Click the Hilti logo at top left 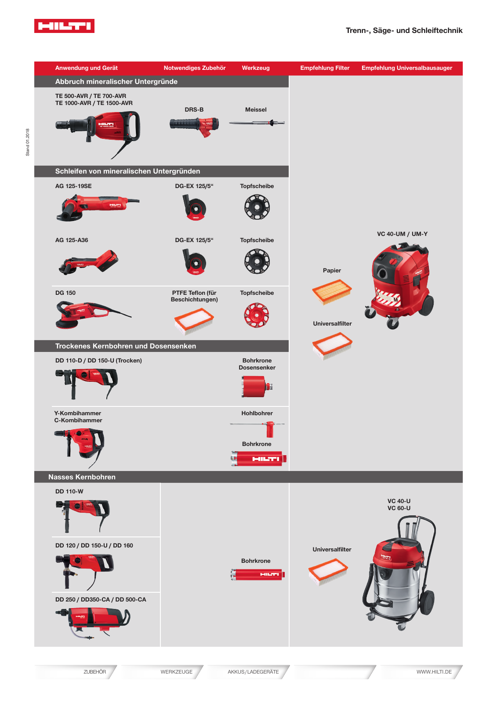point(64,26)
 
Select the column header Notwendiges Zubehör point(194,68)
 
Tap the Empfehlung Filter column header point(325,68)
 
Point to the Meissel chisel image point(257,123)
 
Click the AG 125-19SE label point(73,186)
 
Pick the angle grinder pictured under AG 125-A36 point(88,262)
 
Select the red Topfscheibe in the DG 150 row point(257,315)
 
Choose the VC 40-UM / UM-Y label point(402,234)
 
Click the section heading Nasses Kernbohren point(82,477)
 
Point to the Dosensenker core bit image point(257,387)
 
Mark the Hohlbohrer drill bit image point(258,427)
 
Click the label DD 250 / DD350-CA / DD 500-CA point(101,600)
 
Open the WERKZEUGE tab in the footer point(176,672)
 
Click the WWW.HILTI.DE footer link point(434,672)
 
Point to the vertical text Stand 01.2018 point(28,142)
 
